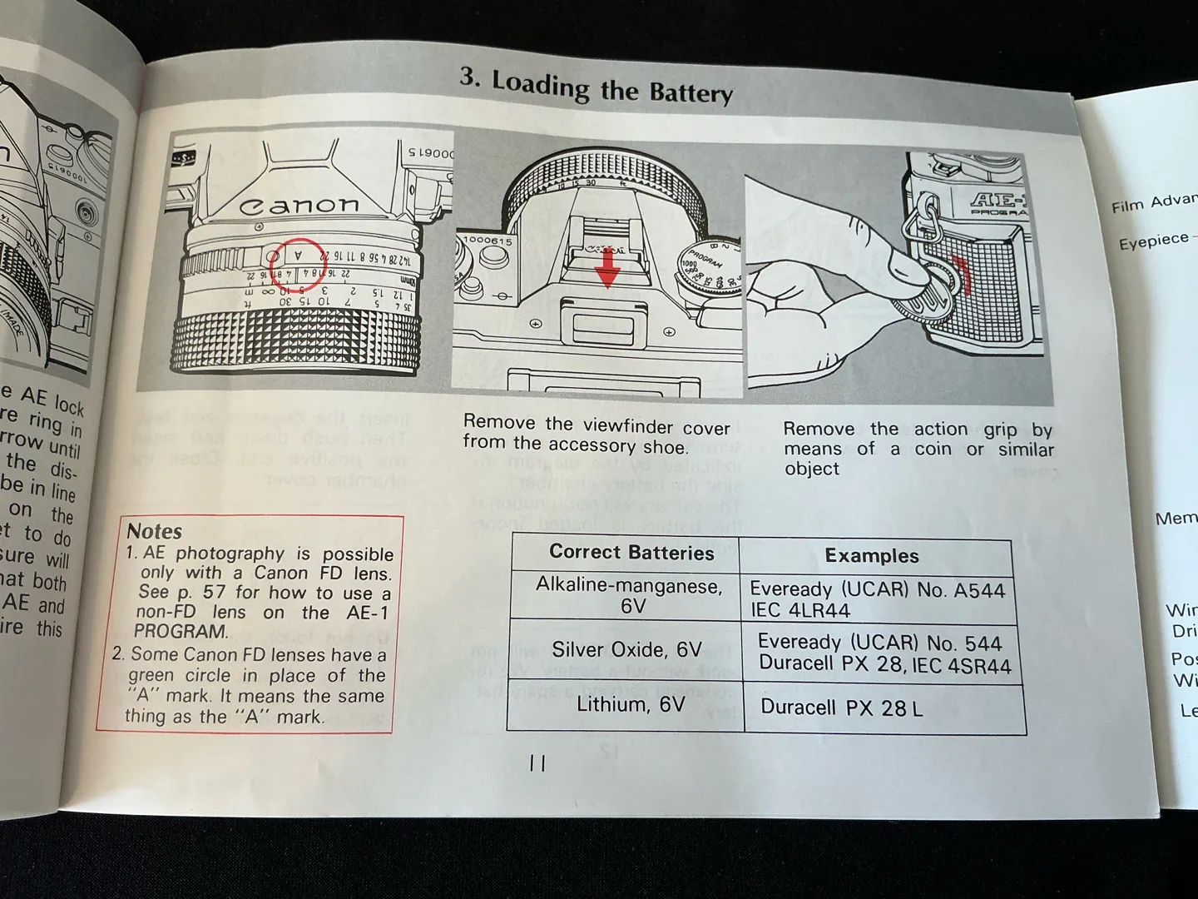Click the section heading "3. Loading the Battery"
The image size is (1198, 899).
596,87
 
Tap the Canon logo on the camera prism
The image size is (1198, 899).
299,205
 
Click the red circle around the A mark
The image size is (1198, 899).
299,256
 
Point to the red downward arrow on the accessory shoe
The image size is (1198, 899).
609,268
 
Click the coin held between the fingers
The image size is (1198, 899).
926,294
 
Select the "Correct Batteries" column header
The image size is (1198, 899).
631,553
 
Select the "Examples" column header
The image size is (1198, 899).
871,556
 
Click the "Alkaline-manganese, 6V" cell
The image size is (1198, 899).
628,595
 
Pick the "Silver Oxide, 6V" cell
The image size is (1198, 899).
626,650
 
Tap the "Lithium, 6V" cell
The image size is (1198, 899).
630,705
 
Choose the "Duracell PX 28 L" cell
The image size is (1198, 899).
841,708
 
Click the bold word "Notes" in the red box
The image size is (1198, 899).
154,531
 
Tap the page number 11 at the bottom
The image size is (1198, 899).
537,762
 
